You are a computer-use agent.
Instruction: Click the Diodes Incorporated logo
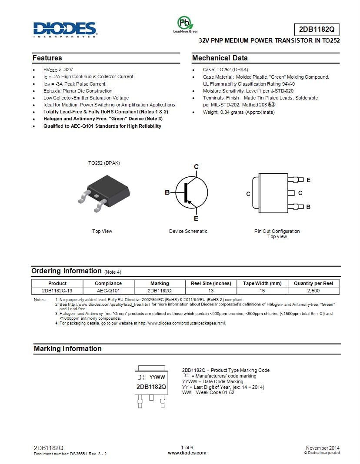[64, 29]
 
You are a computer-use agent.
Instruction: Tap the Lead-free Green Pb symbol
[184, 23]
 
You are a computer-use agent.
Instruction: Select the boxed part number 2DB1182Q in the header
[317, 30]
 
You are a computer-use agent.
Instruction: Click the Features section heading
[47, 58]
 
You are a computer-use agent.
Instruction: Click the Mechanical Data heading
[220, 58]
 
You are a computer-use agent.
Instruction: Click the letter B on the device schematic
[167, 192]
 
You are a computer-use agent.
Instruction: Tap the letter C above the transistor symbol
[196, 167]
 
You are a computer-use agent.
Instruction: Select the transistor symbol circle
[192, 192]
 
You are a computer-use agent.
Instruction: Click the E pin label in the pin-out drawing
[308, 180]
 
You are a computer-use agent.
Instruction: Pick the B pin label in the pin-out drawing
[308, 207]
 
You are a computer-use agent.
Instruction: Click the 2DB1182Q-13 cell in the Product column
[57, 291]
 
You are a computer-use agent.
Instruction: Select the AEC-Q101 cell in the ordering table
[108, 291]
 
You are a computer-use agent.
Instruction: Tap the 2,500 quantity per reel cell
[313, 291]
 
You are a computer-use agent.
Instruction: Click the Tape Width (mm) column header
[262, 283]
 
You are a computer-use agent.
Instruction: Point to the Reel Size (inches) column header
[211, 283]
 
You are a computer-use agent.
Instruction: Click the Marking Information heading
[68, 349]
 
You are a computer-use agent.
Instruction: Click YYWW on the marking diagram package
[157, 377]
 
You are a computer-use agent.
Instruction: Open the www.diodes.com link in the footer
[187, 453]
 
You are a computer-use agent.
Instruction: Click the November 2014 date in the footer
[323, 448]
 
